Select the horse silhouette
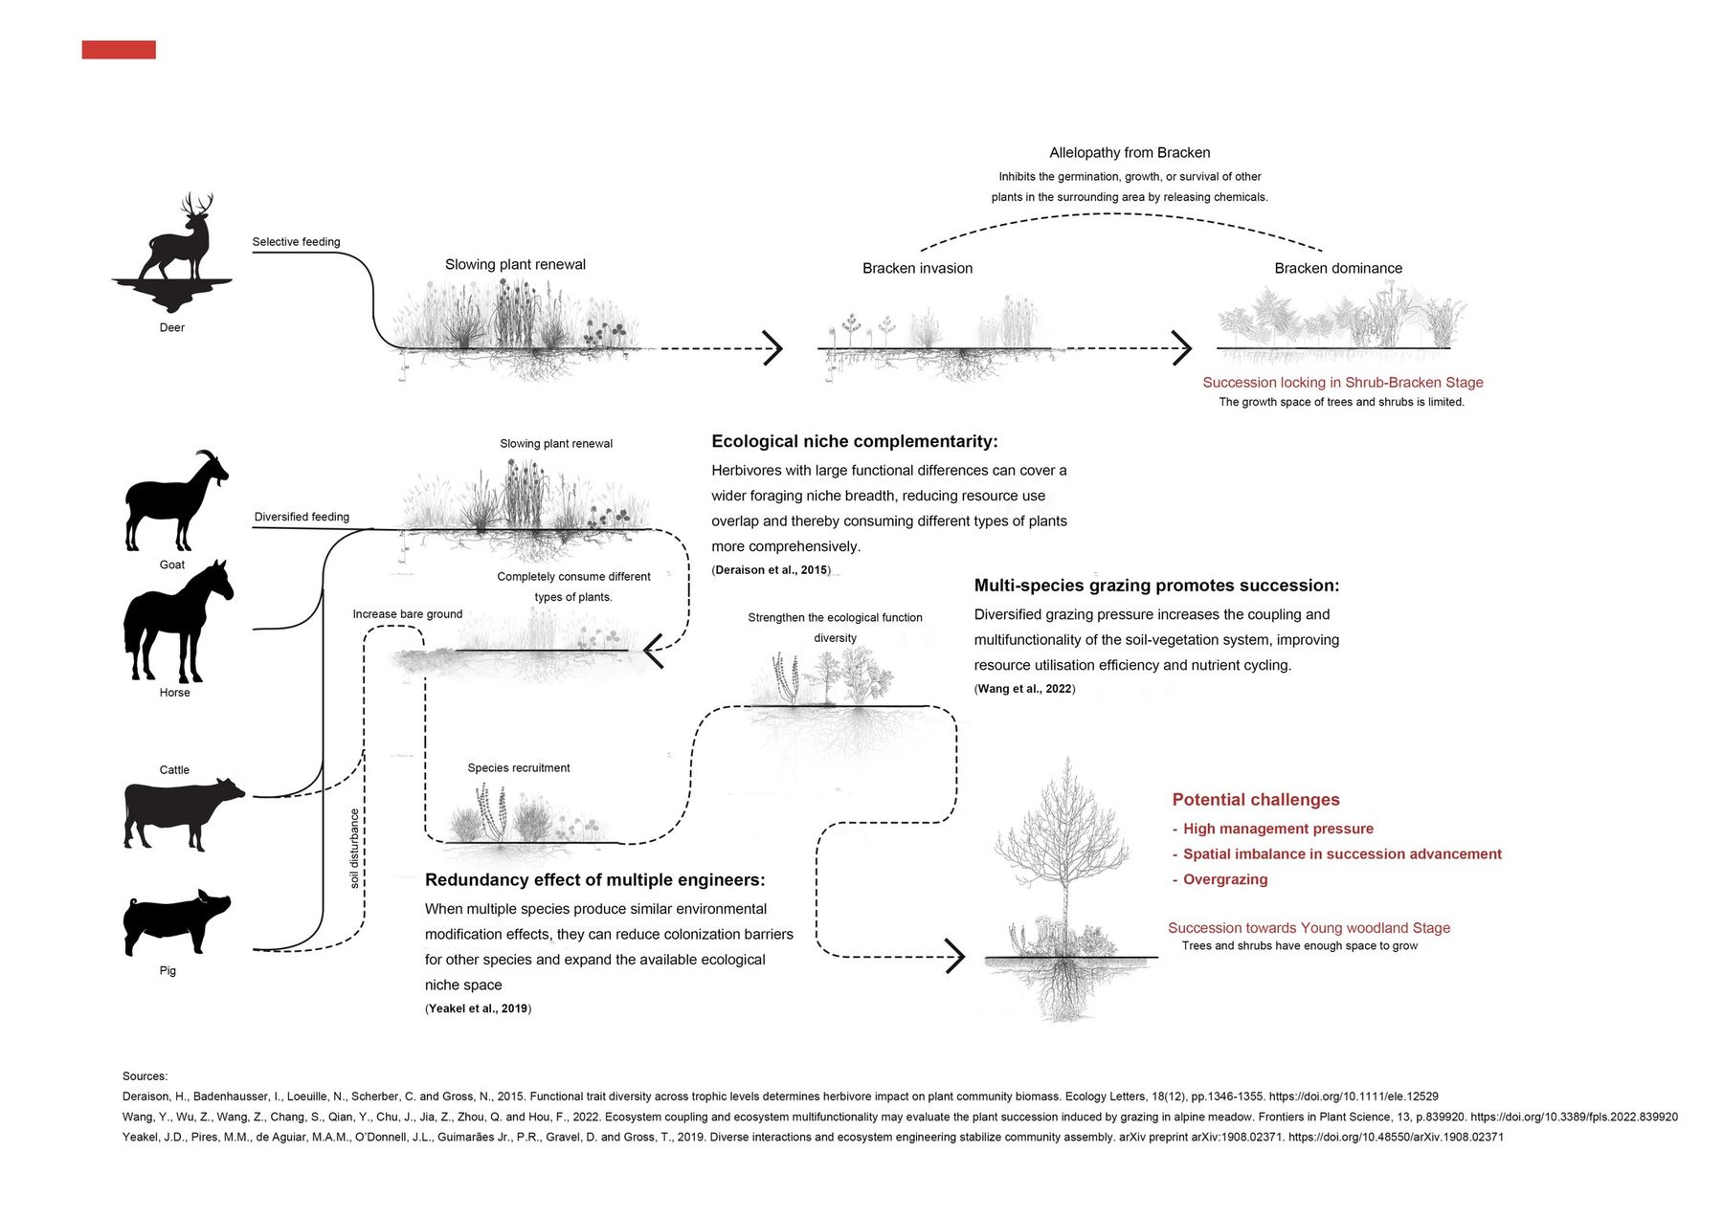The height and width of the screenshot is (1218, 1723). coord(177,622)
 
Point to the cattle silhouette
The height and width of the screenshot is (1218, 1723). coord(183,814)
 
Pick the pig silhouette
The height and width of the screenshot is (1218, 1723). coord(176,922)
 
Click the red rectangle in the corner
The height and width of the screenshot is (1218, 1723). coord(119,50)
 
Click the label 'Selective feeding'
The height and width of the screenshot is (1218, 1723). coord(296,242)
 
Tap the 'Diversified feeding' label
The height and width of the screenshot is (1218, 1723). coord(302,517)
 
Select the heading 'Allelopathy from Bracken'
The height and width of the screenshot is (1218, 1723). coord(1130,153)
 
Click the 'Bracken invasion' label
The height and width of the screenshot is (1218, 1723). coord(917,269)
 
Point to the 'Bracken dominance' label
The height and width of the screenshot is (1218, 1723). coord(1338,269)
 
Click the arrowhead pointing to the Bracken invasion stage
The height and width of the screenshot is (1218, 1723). coord(772,348)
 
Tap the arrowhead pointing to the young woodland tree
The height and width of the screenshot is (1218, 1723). coord(954,956)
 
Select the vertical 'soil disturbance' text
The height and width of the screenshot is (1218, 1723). coord(354,849)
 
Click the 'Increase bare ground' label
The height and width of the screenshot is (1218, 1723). coord(407,614)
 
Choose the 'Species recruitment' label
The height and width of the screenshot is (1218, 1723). coord(519,768)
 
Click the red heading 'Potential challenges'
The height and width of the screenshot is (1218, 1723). coord(1256,800)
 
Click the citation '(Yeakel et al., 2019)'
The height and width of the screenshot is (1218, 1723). coord(478,1008)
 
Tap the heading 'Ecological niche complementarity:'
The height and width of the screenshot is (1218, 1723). coord(854,441)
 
